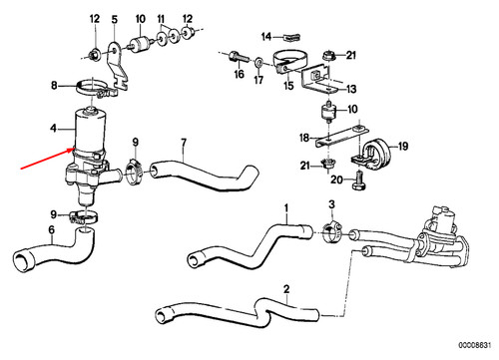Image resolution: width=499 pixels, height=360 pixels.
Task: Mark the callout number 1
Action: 286,210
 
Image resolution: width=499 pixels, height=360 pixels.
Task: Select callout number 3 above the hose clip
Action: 330,206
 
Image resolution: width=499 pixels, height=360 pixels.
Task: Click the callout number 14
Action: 266,37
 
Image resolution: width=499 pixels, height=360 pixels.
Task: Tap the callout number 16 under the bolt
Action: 240,74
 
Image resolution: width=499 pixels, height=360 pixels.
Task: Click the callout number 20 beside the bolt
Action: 337,180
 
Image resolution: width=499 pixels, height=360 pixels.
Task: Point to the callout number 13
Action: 351,89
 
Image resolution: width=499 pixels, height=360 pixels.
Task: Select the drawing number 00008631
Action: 474,351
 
